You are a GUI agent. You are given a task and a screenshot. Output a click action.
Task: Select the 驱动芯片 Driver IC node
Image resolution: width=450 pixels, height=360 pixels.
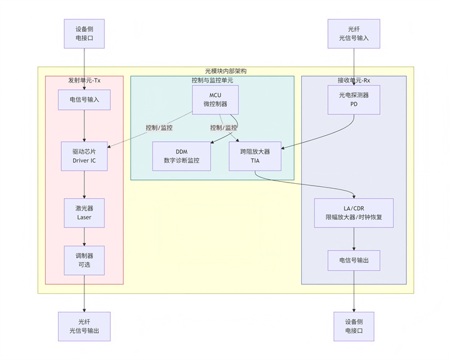click(84, 156)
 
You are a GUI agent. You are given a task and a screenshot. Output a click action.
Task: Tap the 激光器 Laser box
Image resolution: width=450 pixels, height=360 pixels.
click(84, 213)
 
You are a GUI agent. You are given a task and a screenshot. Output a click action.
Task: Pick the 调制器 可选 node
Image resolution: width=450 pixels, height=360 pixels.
click(84, 260)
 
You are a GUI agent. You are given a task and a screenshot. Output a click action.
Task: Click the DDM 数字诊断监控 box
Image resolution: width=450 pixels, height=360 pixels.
click(181, 156)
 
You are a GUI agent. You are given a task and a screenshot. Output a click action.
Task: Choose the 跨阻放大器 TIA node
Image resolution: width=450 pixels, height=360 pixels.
click(254, 156)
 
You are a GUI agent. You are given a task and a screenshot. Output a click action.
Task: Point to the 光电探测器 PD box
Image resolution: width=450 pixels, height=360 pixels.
click(354, 99)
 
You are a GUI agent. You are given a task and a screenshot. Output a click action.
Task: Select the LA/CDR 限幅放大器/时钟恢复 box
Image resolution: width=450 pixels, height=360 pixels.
click(354, 213)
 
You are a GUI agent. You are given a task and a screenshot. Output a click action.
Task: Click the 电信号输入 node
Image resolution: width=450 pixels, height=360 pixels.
click(84, 99)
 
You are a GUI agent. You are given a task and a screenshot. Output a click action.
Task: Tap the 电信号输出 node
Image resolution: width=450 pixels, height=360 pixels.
click(354, 260)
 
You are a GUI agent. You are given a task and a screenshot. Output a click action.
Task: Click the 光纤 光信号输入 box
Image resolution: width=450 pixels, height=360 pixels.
click(354, 33)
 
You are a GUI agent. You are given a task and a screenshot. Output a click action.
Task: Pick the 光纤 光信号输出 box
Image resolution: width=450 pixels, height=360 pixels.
click(84, 326)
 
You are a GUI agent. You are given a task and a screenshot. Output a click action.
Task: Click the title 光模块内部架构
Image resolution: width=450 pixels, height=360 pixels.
click(226, 71)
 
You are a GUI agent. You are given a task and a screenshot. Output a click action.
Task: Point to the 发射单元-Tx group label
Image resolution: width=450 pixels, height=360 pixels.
click(84, 81)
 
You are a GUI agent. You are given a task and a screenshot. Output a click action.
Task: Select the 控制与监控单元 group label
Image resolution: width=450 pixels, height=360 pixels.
click(212, 81)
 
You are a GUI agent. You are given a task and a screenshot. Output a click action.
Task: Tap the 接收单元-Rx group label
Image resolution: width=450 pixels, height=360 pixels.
click(354, 81)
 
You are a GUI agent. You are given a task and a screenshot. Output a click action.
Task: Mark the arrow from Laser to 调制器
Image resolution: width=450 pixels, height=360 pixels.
click(84, 237)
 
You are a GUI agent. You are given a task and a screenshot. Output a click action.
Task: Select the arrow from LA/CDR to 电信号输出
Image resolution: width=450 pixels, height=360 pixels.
click(354, 239)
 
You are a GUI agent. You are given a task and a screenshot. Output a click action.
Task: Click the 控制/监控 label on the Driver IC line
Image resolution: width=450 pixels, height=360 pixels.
click(159, 127)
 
